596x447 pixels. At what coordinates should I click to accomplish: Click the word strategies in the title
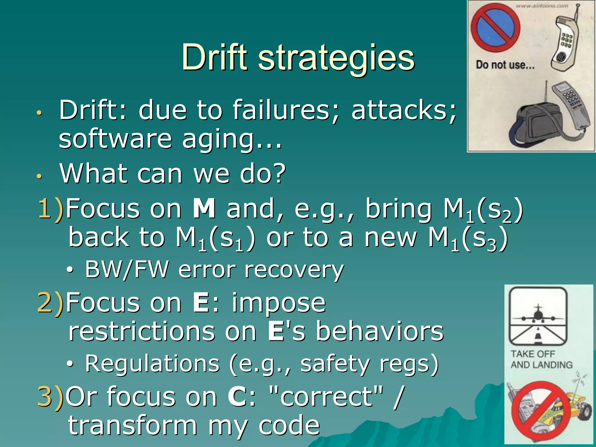pos(336,58)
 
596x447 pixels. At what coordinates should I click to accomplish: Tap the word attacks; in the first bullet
pos(404,110)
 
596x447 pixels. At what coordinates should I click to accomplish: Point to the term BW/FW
pos(127,269)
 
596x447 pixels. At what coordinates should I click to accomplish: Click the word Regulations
pos(152,364)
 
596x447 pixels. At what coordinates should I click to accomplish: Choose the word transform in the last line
pos(132,425)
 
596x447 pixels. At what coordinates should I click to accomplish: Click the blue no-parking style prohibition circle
pos(496,28)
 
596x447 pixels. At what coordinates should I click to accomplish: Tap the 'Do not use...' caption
pos(505,65)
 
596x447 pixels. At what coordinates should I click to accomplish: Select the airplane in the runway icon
pos(538,315)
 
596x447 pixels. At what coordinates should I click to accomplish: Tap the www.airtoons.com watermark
pos(542,6)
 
